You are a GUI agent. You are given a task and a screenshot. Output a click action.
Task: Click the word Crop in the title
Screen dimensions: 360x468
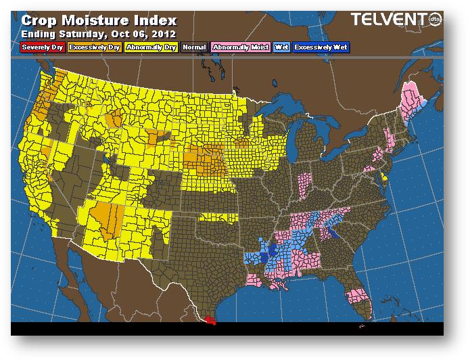[40, 20]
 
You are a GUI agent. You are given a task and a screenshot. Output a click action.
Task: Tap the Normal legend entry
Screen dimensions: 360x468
[194, 47]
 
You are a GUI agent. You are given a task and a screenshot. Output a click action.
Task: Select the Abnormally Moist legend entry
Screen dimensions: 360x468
[240, 47]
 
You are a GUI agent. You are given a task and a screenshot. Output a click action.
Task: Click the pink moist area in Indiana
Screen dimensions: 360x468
[305, 182]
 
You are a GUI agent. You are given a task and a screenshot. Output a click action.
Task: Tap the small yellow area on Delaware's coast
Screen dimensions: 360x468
[383, 178]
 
